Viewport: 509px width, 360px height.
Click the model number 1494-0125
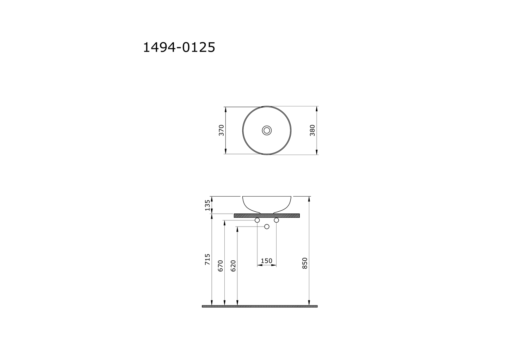click(179, 47)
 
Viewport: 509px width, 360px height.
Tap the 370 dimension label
click(221, 130)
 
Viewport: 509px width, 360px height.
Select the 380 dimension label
click(312, 130)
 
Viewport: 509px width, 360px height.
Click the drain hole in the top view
click(267, 130)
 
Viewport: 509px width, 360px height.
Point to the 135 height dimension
click(208, 205)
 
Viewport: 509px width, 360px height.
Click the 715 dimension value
click(208, 259)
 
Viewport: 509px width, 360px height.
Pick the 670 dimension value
click(221, 266)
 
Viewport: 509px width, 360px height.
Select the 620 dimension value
click(233, 266)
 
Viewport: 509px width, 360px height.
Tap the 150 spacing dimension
click(267, 261)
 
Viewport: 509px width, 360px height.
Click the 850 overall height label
click(305, 263)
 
